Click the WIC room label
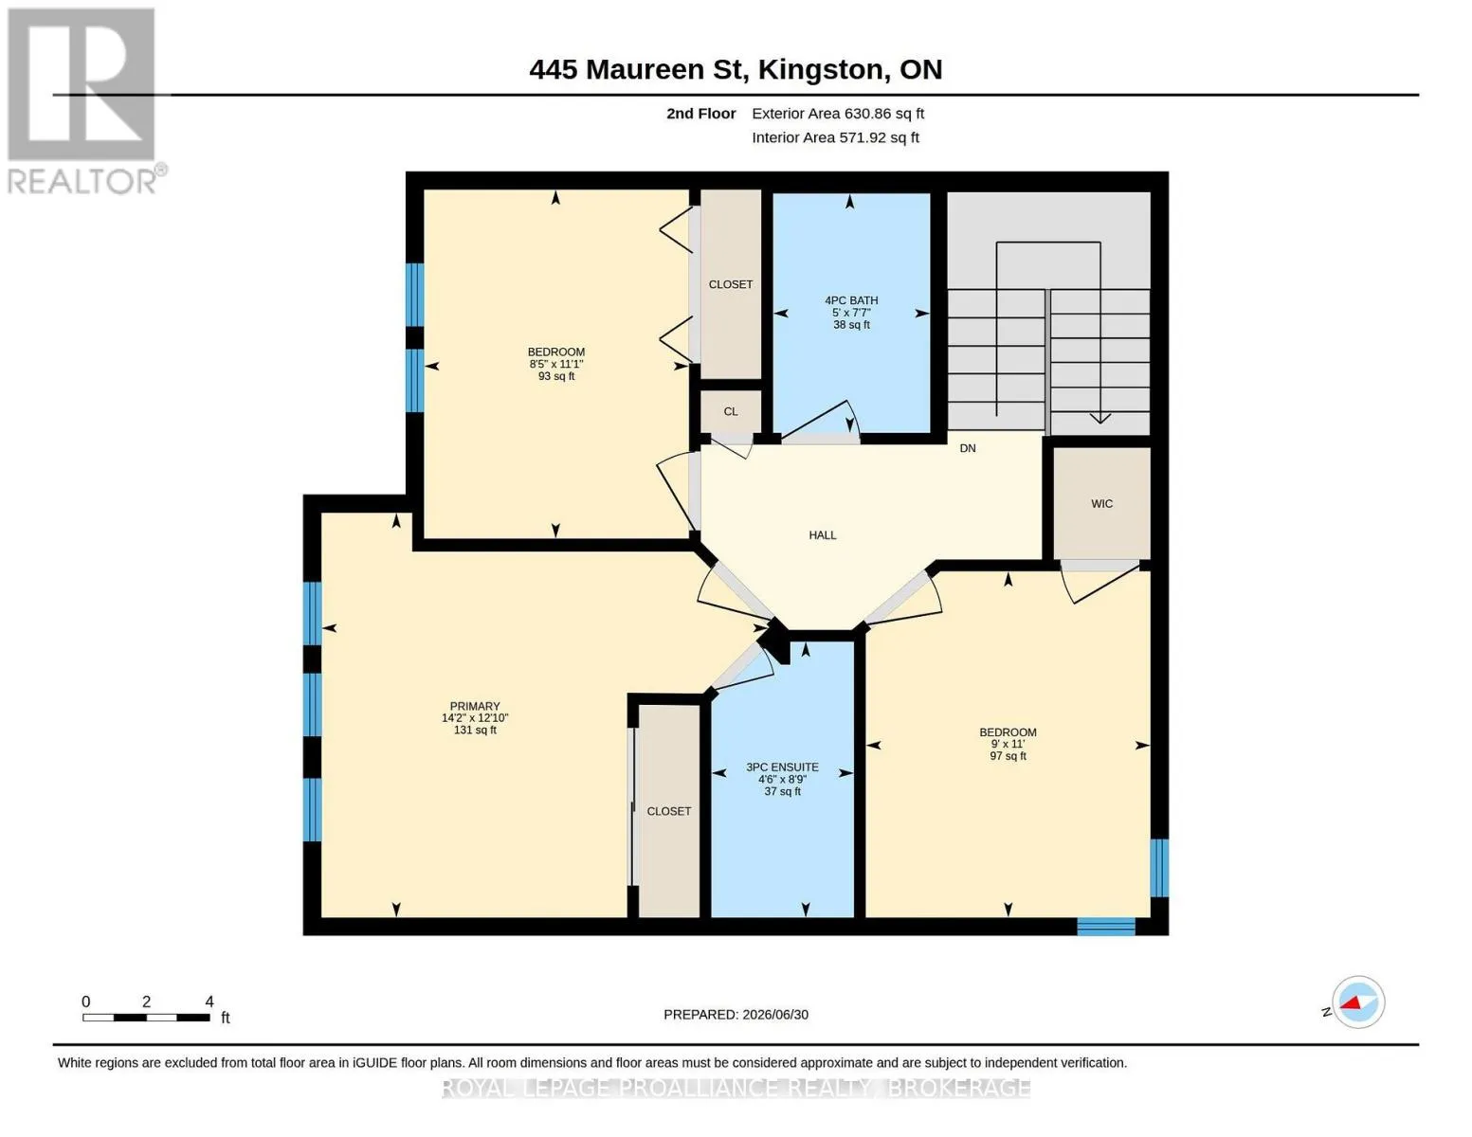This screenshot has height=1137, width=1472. point(1101,504)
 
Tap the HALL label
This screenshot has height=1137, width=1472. point(823,535)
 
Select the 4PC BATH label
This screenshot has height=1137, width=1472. point(851,300)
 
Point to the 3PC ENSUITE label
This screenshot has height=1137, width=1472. point(782,767)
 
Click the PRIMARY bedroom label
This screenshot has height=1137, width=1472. point(475,706)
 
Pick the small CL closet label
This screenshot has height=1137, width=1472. point(730,412)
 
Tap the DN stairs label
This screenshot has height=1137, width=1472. point(968,448)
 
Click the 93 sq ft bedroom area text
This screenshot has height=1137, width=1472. point(556,376)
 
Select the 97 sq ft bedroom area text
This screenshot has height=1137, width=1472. point(1008,756)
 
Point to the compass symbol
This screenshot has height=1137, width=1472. point(1357,1002)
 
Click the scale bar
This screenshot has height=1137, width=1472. point(146,1017)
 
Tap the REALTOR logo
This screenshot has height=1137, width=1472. point(84,101)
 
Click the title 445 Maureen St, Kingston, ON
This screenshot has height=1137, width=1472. point(736,69)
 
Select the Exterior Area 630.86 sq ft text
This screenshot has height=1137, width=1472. point(838,114)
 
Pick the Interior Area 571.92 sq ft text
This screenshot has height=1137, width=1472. point(835,137)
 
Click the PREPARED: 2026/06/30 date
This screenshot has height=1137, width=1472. point(736,1015)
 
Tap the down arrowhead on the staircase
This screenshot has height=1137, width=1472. point(1099,418)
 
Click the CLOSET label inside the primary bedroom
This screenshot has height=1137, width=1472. point(668,811)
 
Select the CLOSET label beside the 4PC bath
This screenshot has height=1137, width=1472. point(730,284)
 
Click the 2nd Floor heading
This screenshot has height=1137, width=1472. point(700,114)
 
